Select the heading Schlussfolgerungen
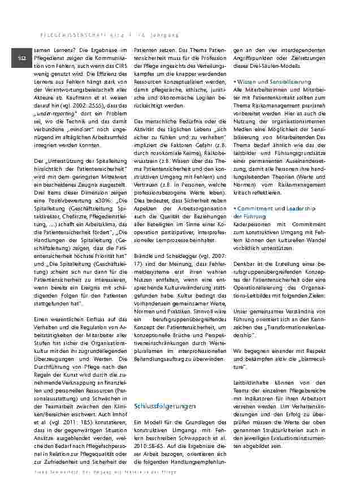pos(165,406)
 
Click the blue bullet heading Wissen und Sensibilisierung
pos(273,82)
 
